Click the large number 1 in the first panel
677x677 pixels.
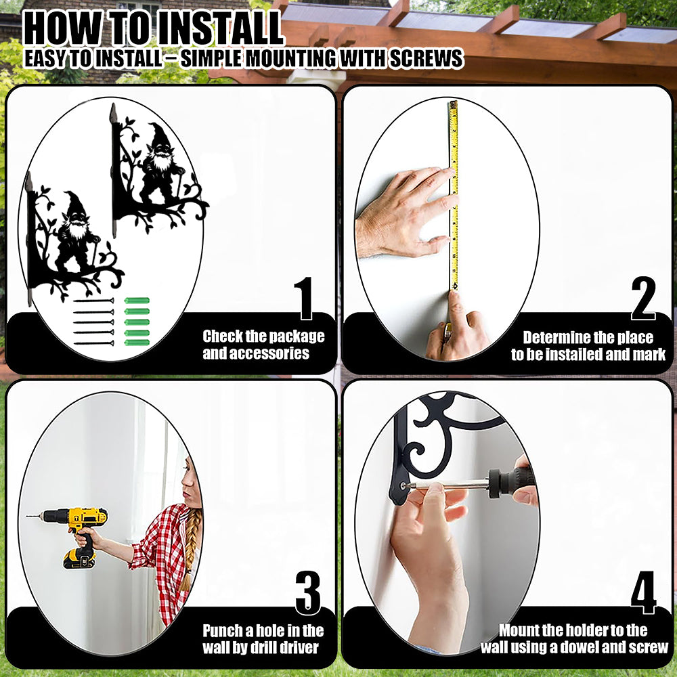pyautogui.click(x=305, y=298)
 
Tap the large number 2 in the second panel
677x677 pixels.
pyautogui.click(x=643, y=298)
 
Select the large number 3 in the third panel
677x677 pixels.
pyautogui.click(x=308, y=593)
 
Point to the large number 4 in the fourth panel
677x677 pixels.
pyautogui.click(x=643, y=592)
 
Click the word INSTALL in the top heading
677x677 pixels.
pyautogui.click(x=219, y=28)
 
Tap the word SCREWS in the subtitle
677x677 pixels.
pyautogui.click(x=426, y=58)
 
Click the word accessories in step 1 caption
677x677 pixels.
pyautogui.click(x=269, y=353)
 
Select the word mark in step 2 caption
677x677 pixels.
pyautogui.click(x=649, y=355)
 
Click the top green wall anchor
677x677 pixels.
pyautogui.click(x=137, y=301)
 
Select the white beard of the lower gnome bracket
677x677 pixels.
pyautogui.click(x=78, y=230)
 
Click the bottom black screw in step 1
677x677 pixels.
pyautogui.click(x=93, y=344)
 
